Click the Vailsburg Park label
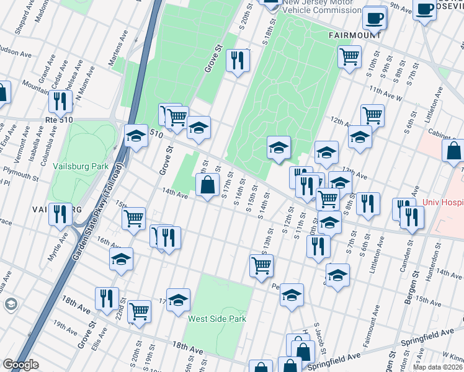[81, 166]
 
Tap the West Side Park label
[217, 319]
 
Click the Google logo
[20, 365]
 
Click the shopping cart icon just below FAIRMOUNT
[349, 57]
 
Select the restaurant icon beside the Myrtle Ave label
[60, 214]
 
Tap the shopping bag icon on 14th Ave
[207, 184]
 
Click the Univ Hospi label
[443, 202]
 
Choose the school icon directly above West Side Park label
[178, 299]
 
